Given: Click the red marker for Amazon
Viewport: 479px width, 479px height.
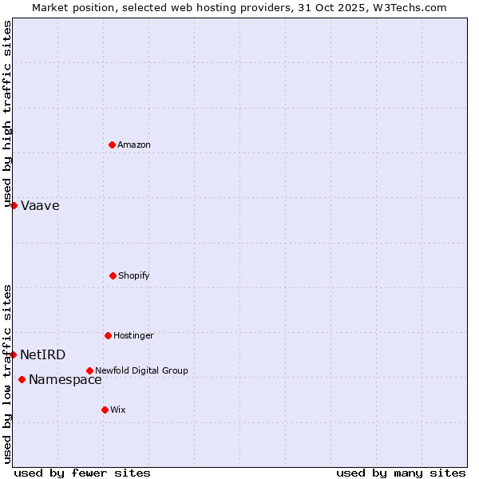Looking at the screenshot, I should coord(113,144).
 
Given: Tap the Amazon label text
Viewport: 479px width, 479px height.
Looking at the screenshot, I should coord(134,145).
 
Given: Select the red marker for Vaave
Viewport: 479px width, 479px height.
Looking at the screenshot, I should coord(14,205).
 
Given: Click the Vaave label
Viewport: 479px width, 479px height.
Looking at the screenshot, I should coord(40,206).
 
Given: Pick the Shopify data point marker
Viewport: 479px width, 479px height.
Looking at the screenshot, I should coord(113,275).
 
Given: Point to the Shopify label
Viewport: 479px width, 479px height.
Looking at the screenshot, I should coord(134,276).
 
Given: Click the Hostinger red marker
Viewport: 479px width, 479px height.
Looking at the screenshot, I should coord(108,335).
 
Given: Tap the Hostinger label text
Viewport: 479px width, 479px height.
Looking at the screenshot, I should coord(133,336).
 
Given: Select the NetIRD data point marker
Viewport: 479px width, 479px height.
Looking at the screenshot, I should coord(13,354).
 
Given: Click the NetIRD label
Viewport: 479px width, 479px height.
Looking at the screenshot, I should coord(43,355).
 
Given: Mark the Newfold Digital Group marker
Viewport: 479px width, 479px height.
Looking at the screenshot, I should coord(89,370).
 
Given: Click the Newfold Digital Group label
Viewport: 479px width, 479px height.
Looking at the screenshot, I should coord(141,371).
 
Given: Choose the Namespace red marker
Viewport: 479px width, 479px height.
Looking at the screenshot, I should coord(22,379).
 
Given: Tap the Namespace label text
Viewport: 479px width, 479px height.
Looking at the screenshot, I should coord(65,380).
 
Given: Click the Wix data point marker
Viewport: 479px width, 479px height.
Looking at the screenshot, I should coord(105,410).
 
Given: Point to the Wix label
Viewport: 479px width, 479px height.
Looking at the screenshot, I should coord(118,410).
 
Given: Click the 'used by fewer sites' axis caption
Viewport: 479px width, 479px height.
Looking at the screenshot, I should coord(82,473).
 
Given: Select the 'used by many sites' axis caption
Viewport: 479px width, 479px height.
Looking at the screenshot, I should coord(401,473).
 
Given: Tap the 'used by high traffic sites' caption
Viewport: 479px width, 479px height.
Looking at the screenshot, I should coord(7,113).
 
